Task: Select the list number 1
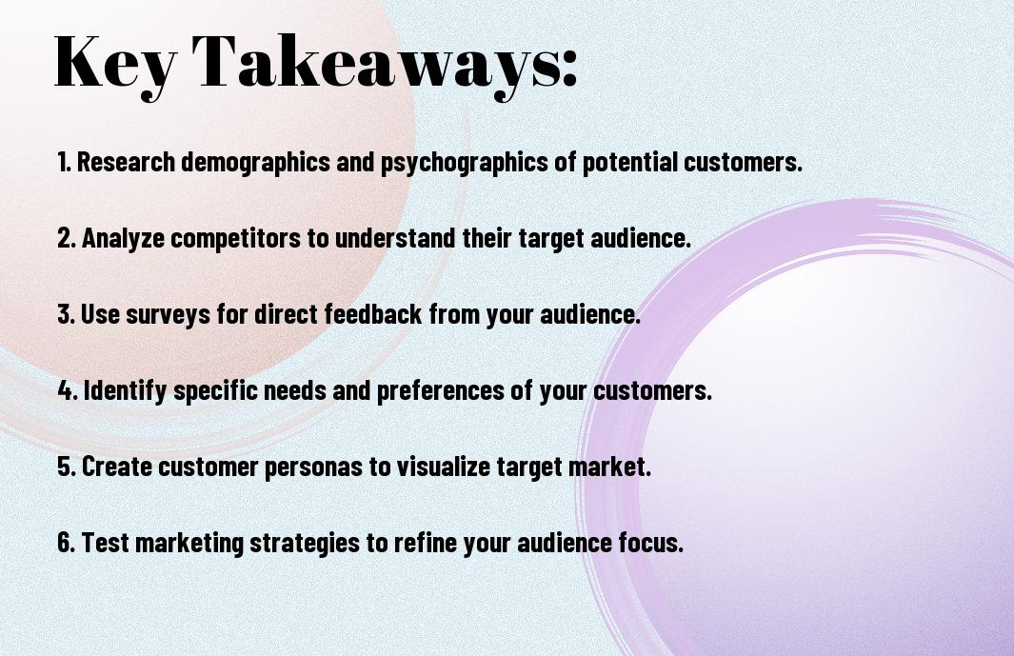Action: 64,162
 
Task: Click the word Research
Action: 126,162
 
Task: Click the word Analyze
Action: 123,239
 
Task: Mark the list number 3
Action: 66,314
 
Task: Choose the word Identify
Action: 126,391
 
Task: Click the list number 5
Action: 67,466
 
